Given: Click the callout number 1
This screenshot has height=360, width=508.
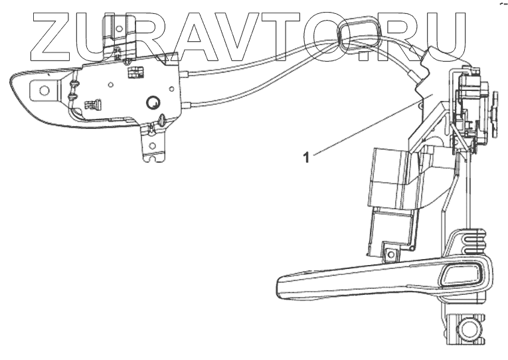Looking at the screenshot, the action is (x=306, y=158).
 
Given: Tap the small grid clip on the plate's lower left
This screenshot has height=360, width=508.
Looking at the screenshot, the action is (x=92, y=104).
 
